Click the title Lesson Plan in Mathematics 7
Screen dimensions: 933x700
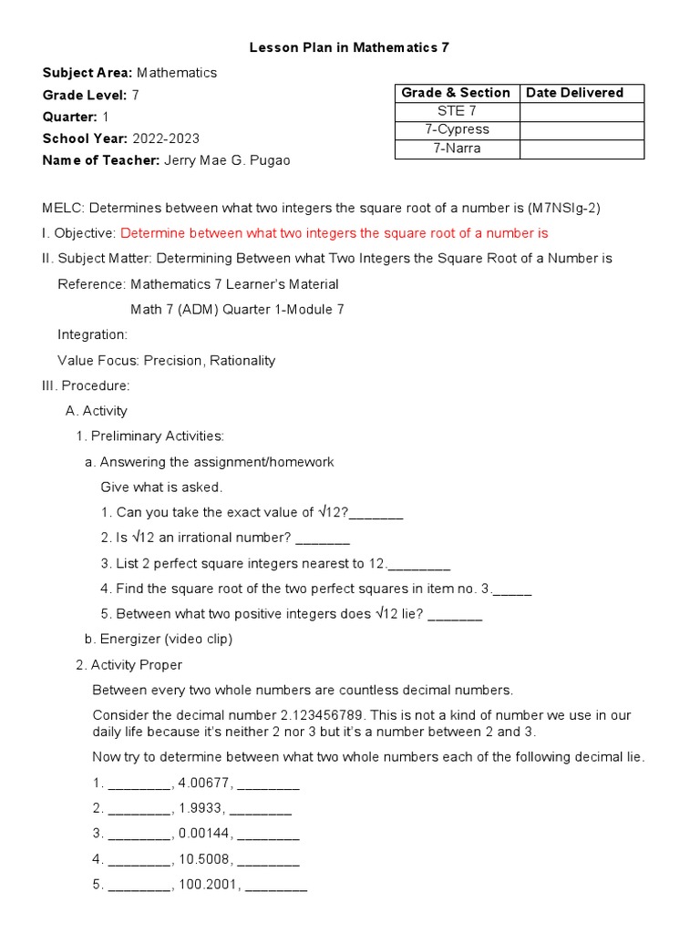[350, 47]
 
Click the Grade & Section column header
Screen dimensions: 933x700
[457, 93]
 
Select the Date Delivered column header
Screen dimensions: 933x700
[575, 93]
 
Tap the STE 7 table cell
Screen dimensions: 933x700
[457, 111]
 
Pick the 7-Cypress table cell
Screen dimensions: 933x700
[457, 129]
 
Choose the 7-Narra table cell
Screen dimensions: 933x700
[457, 149]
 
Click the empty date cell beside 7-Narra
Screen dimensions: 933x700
[582, 149]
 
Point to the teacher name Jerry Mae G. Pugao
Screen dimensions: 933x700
[228, 160]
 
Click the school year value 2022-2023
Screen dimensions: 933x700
[166, 138]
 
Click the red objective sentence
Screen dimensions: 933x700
[335, 233]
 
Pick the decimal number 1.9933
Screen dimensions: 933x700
[201, 808]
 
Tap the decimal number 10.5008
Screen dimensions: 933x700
[204, 859]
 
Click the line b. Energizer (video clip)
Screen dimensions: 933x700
[159, 639]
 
